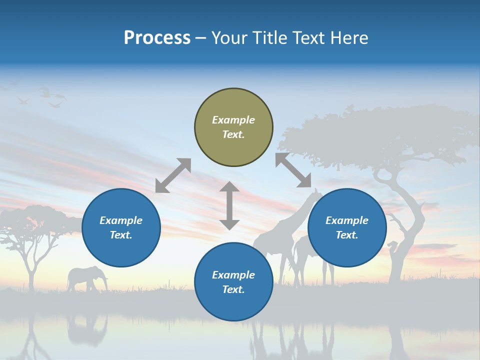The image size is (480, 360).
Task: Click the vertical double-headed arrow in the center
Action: (229, 205)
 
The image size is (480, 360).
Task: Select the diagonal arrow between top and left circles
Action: (173, 175)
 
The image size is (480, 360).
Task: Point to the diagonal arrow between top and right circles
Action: (293, 170)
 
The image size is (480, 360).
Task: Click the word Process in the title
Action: (157, 37)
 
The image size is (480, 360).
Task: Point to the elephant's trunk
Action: (105, 282)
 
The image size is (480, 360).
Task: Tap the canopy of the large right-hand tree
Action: (380, 132)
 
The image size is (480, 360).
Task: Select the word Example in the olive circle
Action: (233, 120)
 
